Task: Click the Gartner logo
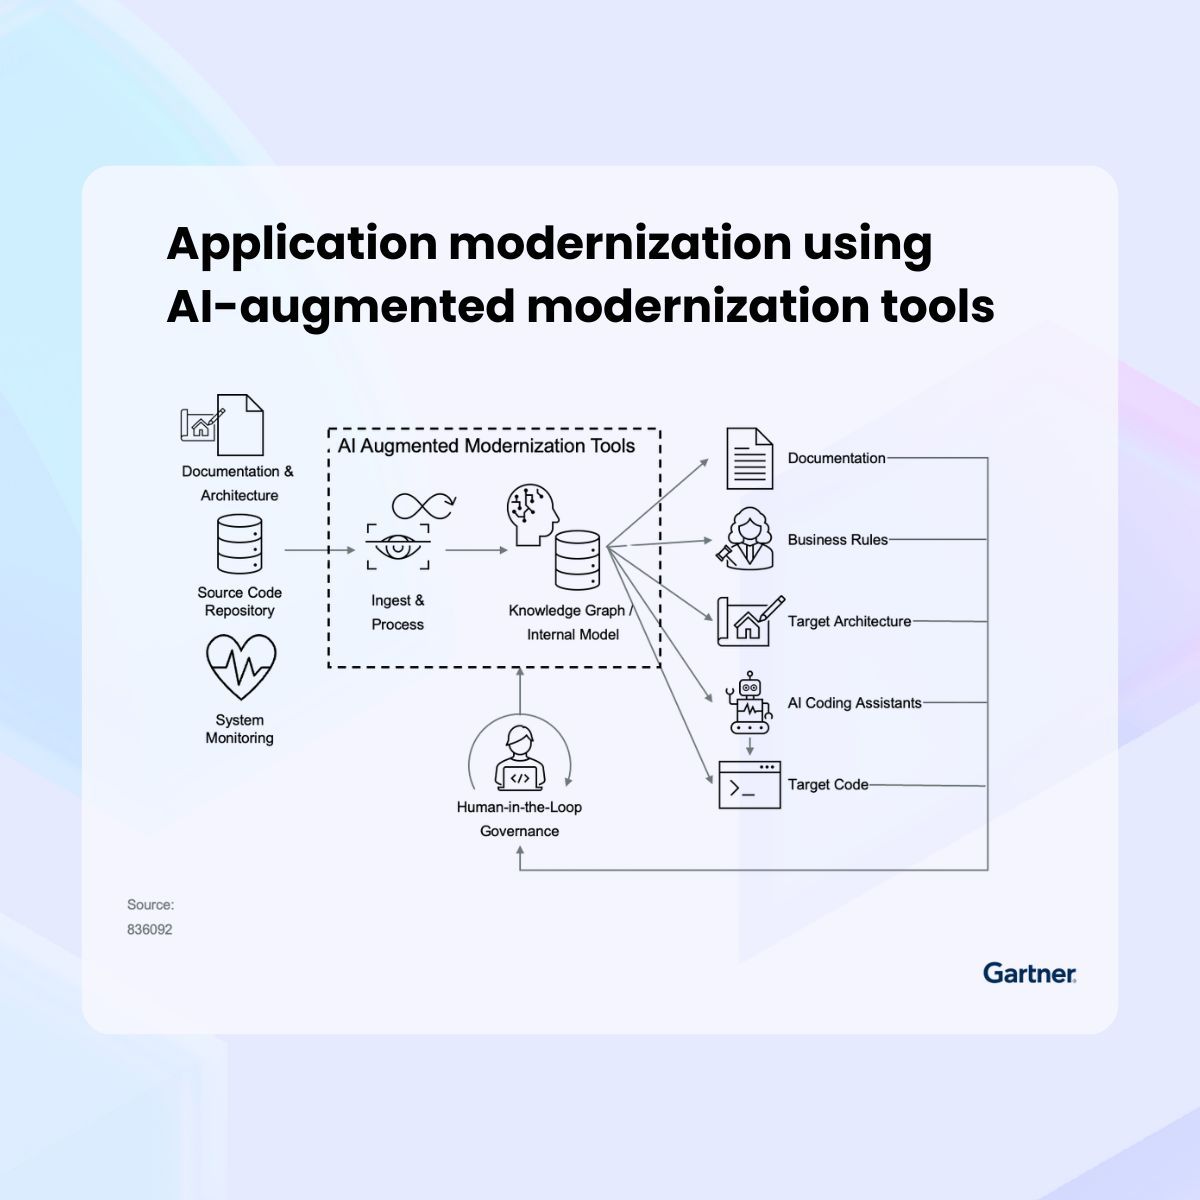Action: coord(1029,972)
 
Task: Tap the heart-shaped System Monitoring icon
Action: coord(241,668)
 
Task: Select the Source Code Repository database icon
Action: coord(240,545)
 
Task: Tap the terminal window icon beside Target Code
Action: coord(750,785)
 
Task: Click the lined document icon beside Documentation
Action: coord(749,458)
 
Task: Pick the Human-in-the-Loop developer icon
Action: coord(519,759)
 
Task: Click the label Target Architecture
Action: coord(849,621)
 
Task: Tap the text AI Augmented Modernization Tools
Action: coord(486,446)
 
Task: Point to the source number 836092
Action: coord(149,929)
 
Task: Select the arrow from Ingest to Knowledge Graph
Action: coord(476,550)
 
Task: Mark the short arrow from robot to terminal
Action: coord(749,747)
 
